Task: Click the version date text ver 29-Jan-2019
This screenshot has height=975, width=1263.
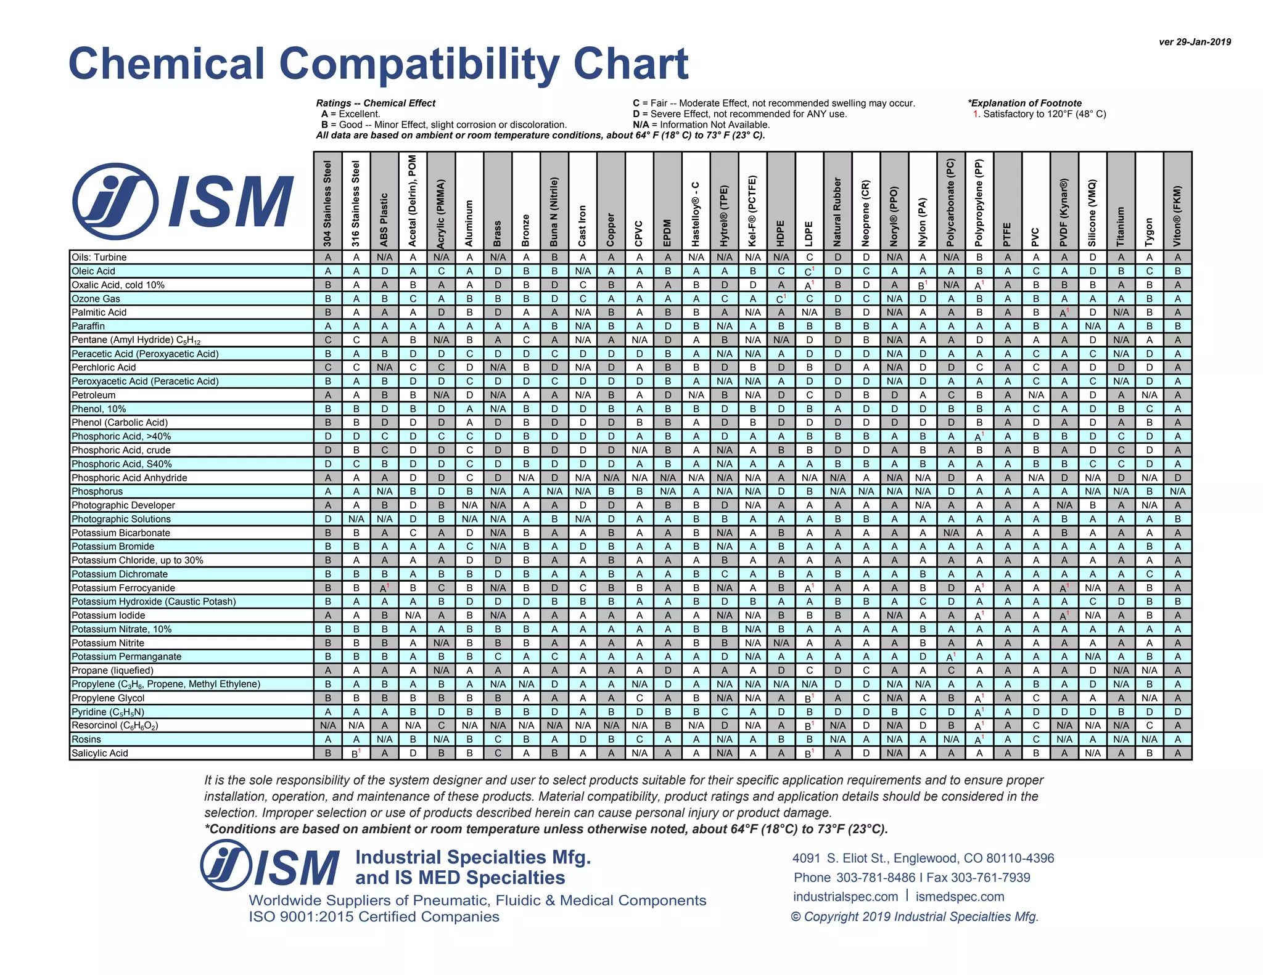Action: coord(1195,42)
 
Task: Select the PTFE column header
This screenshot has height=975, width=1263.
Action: coord(1007,234)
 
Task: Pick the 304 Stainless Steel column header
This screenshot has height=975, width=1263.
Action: coord(327,203)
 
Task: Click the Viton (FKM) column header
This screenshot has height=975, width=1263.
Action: coord(1177,216)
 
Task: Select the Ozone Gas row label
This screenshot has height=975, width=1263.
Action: coord(96,299)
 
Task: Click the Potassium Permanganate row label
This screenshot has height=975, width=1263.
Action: coord(126,657)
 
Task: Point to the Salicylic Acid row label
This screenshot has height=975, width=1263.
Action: coord(99,753)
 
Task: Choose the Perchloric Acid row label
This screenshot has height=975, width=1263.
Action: coord(104,367)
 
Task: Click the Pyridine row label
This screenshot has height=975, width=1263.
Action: coord(108,712)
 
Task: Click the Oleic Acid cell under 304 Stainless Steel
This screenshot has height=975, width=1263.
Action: coord(328,271)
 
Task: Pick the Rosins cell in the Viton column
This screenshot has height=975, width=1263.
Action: coord(1177,740)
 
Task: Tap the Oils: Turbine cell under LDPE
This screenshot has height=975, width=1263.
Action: coord(809,258)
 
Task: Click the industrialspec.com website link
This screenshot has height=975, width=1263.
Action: coord(845,897)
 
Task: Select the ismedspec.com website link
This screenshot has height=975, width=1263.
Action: coord(960,897)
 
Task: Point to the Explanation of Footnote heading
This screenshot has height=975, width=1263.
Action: coord(1024,104)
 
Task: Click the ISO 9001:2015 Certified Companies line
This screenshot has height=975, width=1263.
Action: coord(374,917)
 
